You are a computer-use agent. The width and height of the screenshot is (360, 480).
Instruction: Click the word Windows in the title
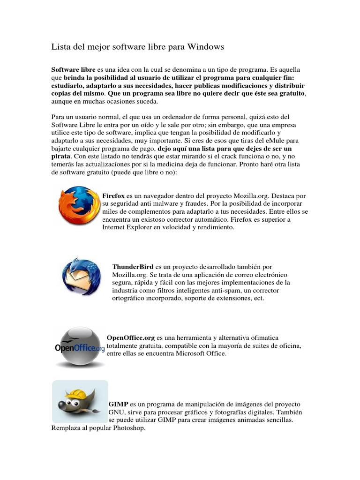point(206,47)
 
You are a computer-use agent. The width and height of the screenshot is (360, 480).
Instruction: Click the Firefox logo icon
point(79,206)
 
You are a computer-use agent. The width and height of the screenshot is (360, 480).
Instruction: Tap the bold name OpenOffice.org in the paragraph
point(131,337)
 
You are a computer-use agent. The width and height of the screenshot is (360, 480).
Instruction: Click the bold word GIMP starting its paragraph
point(119,404)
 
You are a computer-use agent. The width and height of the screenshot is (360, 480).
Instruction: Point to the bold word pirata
point(61,155)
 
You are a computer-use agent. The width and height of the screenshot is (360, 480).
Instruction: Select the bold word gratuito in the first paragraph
point(291,93)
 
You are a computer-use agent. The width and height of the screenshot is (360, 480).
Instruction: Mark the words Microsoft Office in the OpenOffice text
point(201,353)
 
